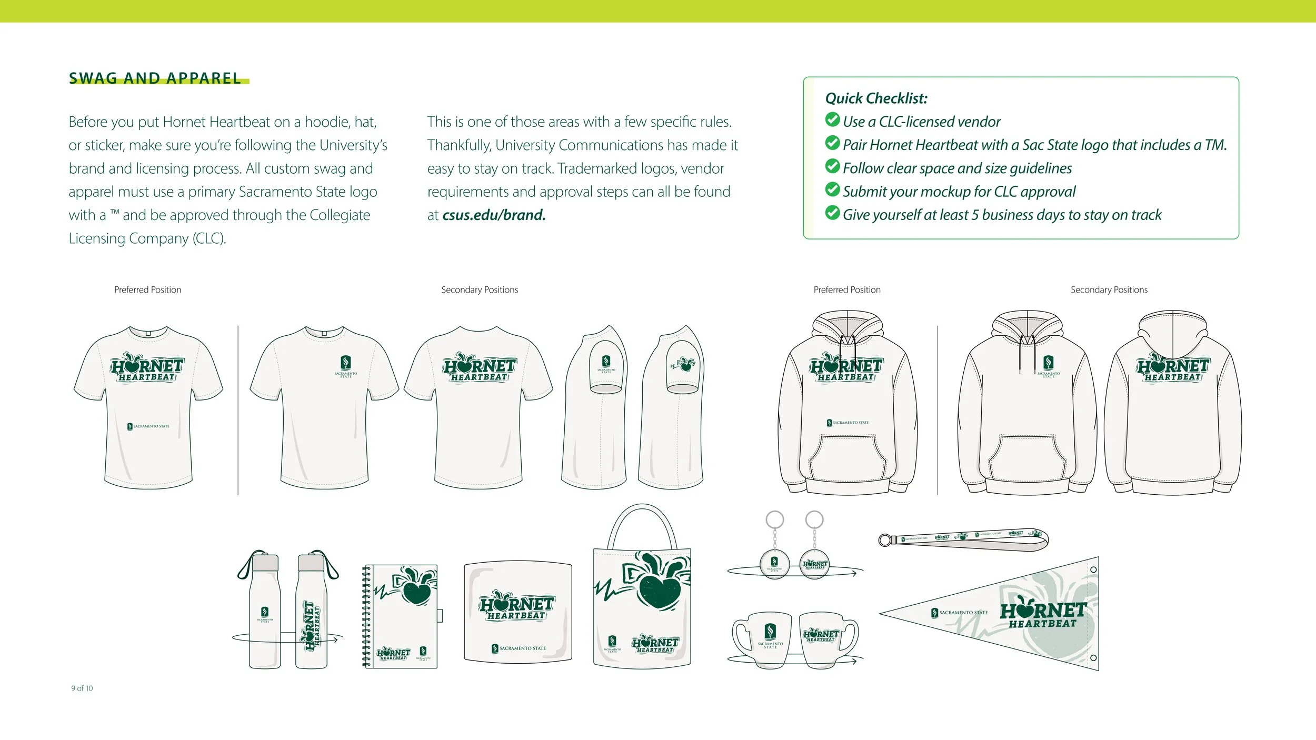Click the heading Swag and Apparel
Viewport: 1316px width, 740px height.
[x=155, y=78]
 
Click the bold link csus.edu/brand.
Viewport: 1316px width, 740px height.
[x=494, y=215]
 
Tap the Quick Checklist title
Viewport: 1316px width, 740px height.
[x=876, y=98]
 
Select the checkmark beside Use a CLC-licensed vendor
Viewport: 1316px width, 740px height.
[x=832, y=120]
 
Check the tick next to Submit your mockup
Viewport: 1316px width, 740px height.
[x=832, y=189]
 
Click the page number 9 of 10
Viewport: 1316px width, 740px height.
[x=82, y=688]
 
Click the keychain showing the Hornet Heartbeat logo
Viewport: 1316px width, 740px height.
[x=815, y=564]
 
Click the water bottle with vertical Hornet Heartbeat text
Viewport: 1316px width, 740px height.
[x=312, y=611]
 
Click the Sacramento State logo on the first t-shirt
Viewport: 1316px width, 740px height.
[x=148, y=426]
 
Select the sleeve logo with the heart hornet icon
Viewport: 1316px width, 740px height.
[x=683, y=364]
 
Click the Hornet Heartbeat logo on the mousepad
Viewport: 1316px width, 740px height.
[x=516, y=607]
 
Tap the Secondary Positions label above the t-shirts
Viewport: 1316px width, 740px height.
[x=480, y=290]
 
